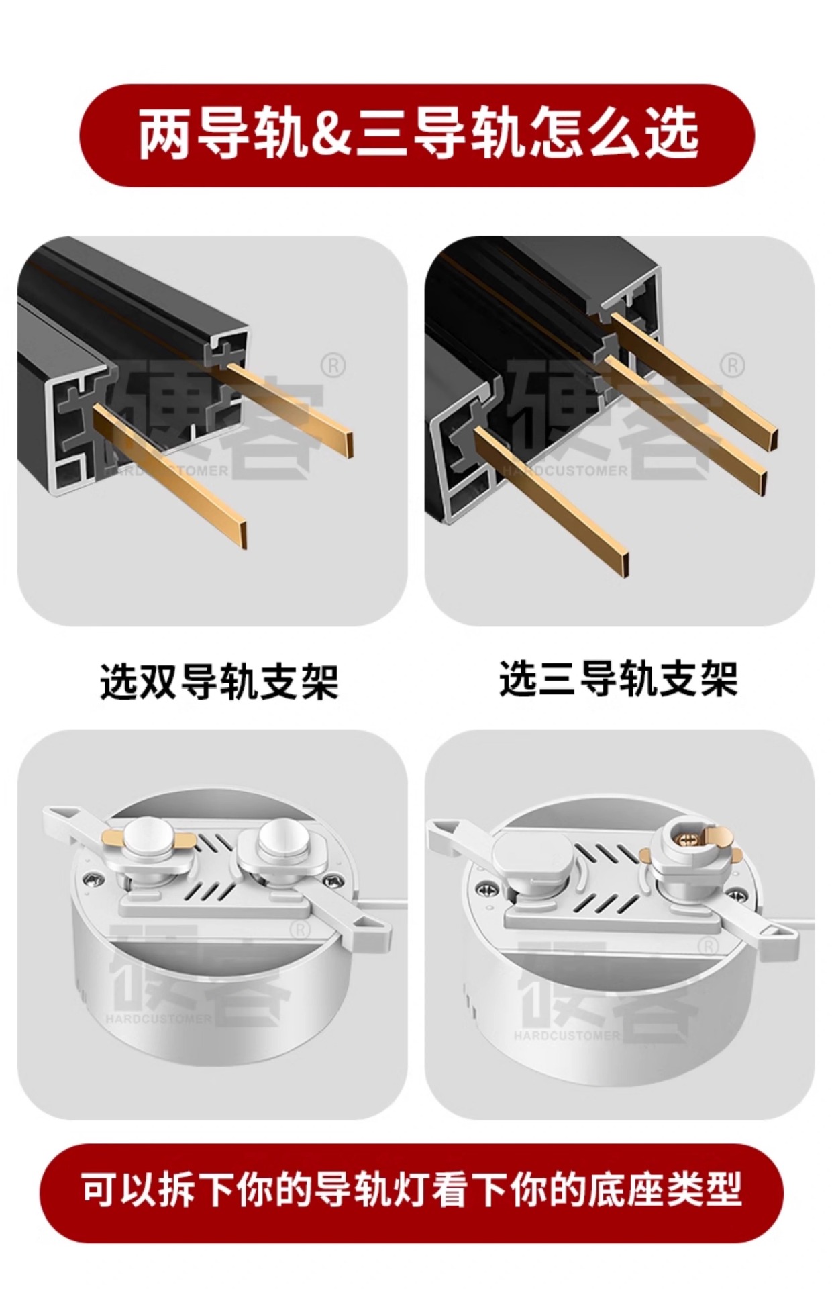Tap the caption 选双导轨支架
click(219, 682)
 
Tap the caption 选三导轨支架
click(618, 679)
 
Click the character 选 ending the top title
click(672, 134)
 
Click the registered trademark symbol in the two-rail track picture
click(333, 366)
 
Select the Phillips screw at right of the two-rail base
click(331, 880)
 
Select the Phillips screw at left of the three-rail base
click(482, 890)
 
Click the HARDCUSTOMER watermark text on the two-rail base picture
click(158, 1019)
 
